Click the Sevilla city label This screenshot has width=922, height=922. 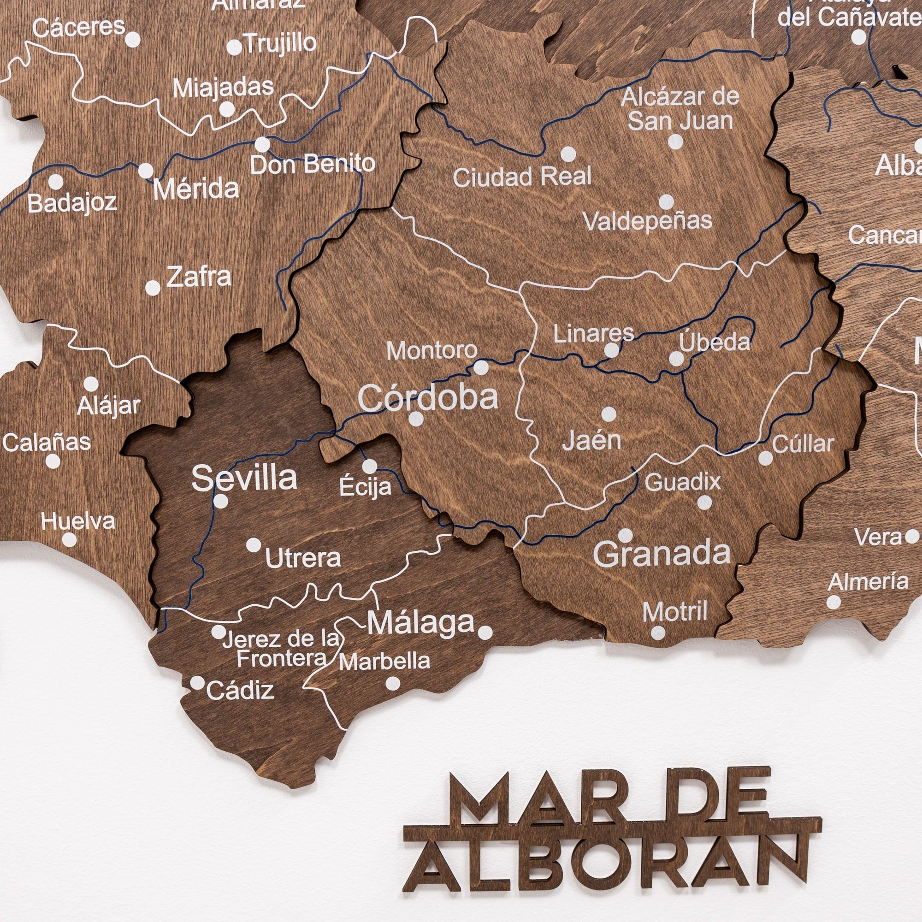244,478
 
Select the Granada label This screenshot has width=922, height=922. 662,554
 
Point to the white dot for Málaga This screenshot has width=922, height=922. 485,632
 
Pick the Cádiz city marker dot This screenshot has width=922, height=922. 196,683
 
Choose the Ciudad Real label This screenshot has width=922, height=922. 522,177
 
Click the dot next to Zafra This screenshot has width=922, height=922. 153,288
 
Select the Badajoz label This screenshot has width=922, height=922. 72,203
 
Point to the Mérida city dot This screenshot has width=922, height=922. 146,171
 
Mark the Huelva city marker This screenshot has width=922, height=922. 69,540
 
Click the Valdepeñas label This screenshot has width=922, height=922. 648,220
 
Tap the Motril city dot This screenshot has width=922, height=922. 658,633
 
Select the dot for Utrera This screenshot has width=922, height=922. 254,544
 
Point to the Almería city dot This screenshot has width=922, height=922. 833,602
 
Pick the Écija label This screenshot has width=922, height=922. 366,487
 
